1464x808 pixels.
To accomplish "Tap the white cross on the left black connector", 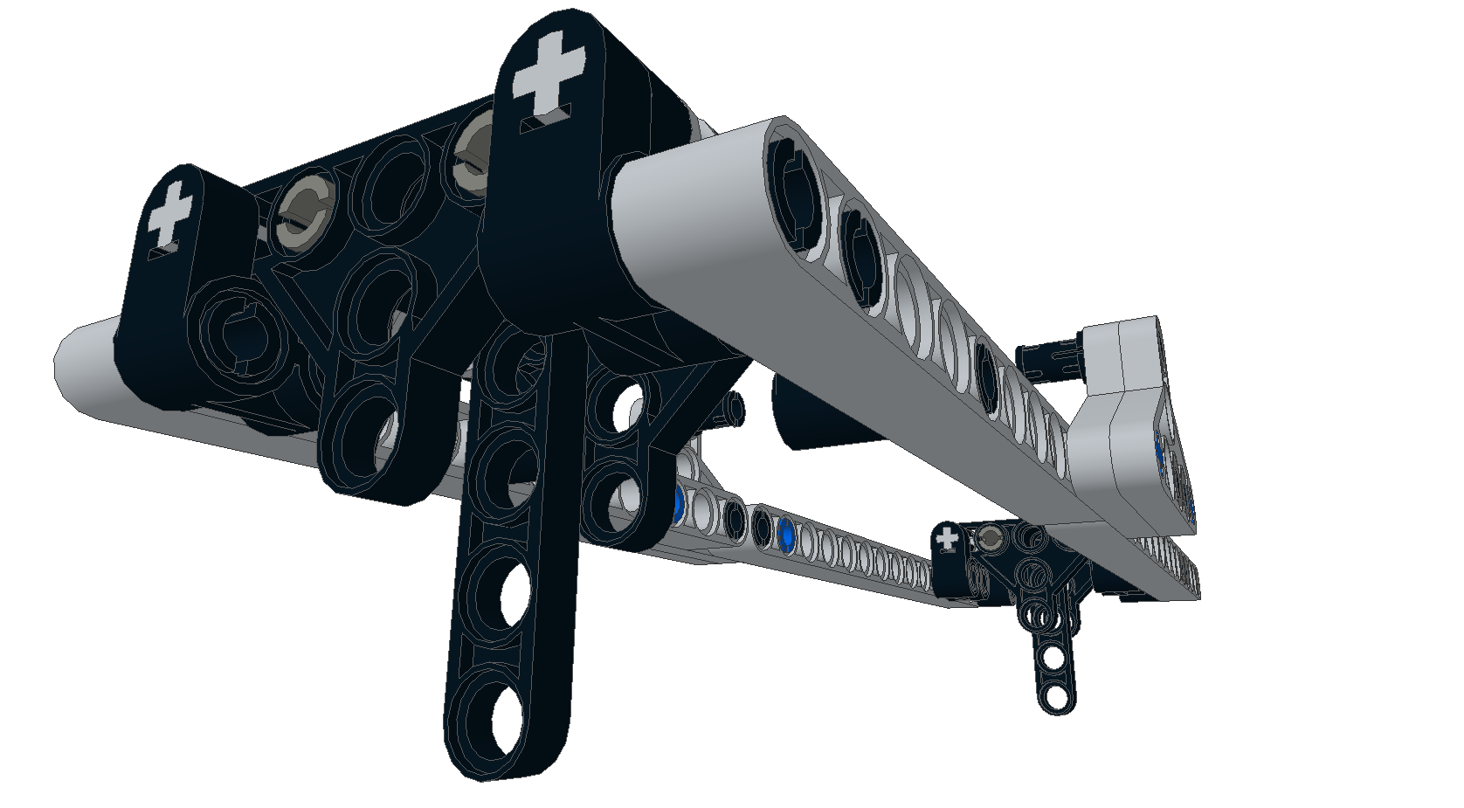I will tap(169, 215).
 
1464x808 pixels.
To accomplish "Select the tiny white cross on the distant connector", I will tap(948, 539).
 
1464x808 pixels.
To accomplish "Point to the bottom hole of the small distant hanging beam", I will tap(1056, 695).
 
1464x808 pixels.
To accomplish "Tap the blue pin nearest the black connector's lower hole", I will tap(678, 501).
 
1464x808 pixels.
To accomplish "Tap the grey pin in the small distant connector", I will tap(991, 537).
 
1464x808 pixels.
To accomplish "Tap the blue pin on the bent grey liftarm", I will tap(1160, 447).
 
